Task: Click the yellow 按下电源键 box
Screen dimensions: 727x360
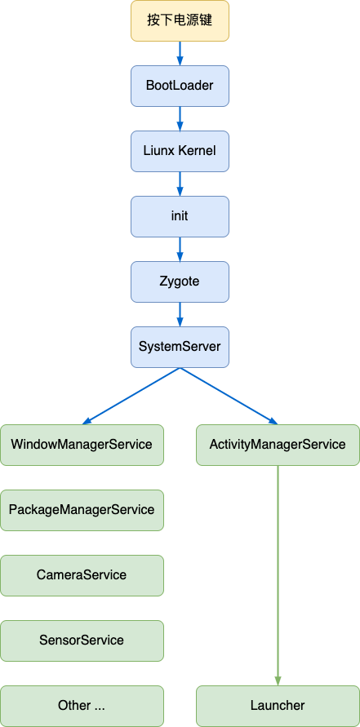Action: point(180,20)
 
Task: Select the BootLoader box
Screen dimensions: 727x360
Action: point(180,86)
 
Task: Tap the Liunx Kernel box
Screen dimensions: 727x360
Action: point(180,151)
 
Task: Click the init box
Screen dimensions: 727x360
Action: point(180,216)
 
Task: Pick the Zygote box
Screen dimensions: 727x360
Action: point(180,281)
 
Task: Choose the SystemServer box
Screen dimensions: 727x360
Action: point(180,347)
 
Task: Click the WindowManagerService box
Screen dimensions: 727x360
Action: point(82,445)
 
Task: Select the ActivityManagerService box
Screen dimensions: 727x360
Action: point(278,445)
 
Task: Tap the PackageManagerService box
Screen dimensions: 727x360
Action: point(82,510)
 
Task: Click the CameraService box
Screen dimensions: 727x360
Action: point(82,575)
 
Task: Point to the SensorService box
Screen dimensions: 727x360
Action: point(82,641)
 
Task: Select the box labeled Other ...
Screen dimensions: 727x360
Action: point(82,706)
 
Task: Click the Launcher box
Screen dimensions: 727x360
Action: point(278,706)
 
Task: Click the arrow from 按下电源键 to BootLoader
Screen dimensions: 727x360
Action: point(180,53)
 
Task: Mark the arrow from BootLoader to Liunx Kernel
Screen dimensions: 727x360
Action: point(180,118)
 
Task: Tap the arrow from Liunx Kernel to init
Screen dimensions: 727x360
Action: point(180,184)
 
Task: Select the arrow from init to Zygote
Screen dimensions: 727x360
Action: point(180,249)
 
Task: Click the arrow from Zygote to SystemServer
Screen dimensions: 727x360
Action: point(180,314)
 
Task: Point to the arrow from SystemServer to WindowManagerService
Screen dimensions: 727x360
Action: point(131,396)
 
